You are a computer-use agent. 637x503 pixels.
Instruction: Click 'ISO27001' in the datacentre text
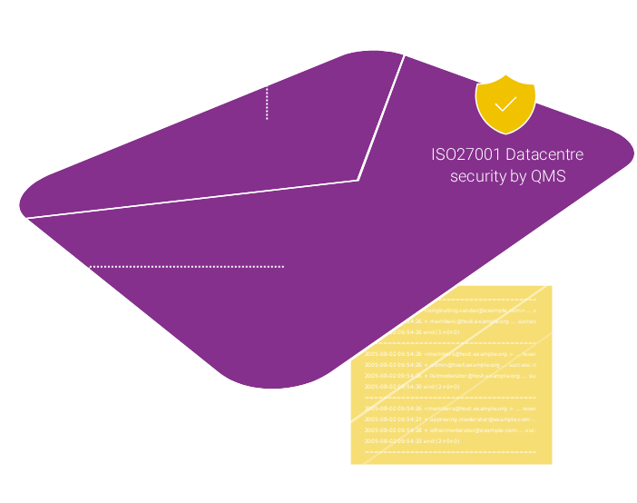pyautogui.click(x=465, y=154)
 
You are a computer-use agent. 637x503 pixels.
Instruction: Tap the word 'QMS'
pyautogui.click(x=549, y=176)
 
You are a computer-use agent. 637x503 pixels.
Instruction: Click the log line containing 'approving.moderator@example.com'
pyautogui.click(x=450, y=419)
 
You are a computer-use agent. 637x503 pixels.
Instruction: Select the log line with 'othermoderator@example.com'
pyautogui.click(x=450, y=430)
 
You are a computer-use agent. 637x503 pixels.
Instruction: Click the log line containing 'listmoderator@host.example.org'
pyautogui.click(x=450, y=375)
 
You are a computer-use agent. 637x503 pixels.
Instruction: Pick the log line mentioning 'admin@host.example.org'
pyautogui.click(x=450, y=364)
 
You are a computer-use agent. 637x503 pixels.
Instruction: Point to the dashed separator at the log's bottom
pyautogui.click(x=450, y=451)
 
